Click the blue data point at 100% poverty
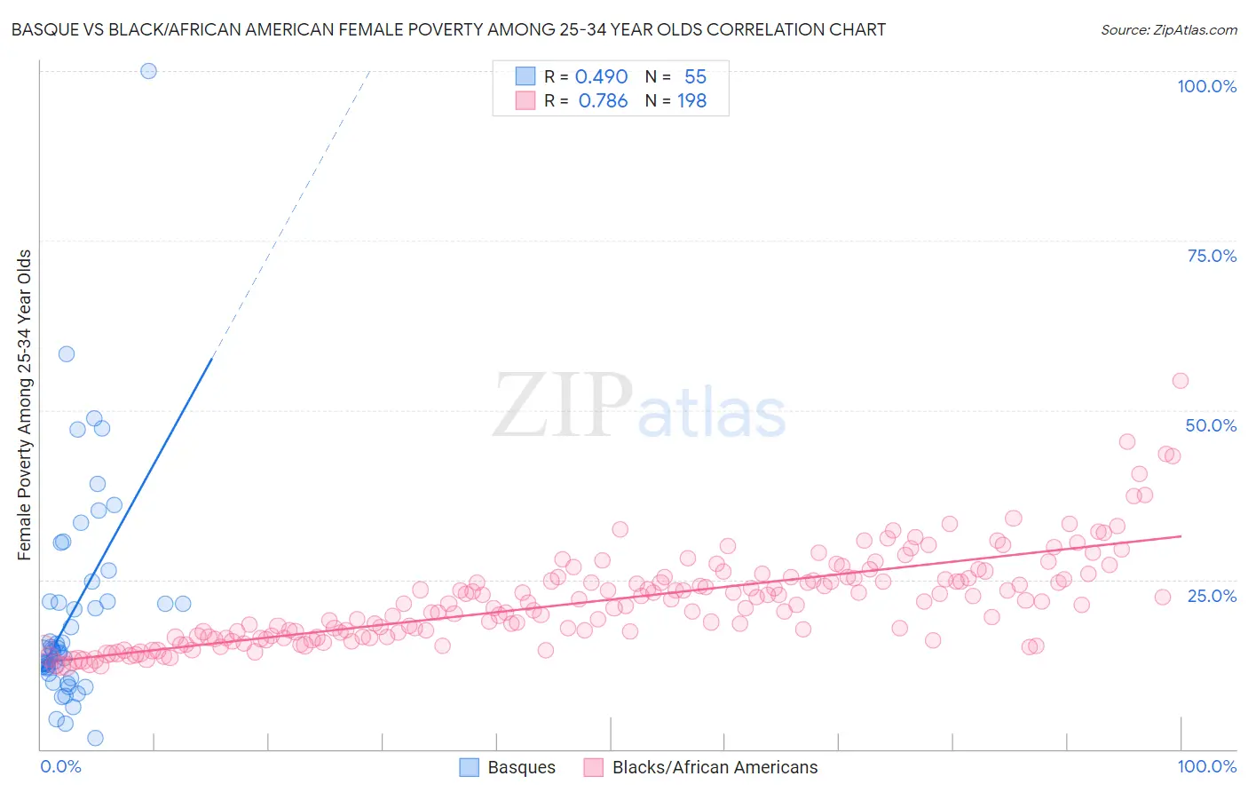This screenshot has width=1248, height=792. tap(148, 71)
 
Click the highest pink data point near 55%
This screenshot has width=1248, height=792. tap(1180, 381)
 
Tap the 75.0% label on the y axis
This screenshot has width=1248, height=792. tap(1212, 256)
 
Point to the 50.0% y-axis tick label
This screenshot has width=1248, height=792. tap(1211, 425)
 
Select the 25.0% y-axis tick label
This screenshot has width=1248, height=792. tap(1212, 596)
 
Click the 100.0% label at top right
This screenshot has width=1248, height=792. tap(1206, 86)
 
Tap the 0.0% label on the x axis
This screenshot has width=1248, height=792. tap(60, 766)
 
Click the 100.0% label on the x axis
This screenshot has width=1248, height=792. tap(1206, 766)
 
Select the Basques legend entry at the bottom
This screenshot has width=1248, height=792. tap(508, 767)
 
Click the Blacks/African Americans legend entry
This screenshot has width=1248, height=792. tap(700, 767)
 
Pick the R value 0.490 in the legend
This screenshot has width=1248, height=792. tap(601, 77)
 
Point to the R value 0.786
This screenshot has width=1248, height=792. tap(603, 101)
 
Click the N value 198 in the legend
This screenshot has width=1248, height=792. tap(691, 101)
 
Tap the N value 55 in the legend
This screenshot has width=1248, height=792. tap(695, 77)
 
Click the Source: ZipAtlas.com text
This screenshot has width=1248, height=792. tap(1168, 30)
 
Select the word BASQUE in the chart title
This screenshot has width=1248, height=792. tap(43, 30)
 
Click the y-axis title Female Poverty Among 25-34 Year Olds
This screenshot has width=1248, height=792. tap(25, 405)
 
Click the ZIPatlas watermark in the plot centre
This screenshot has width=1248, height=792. tap(639, 407)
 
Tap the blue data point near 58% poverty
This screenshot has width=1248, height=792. tap(67, 354)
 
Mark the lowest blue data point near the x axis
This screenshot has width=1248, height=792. tap(95, 738)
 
